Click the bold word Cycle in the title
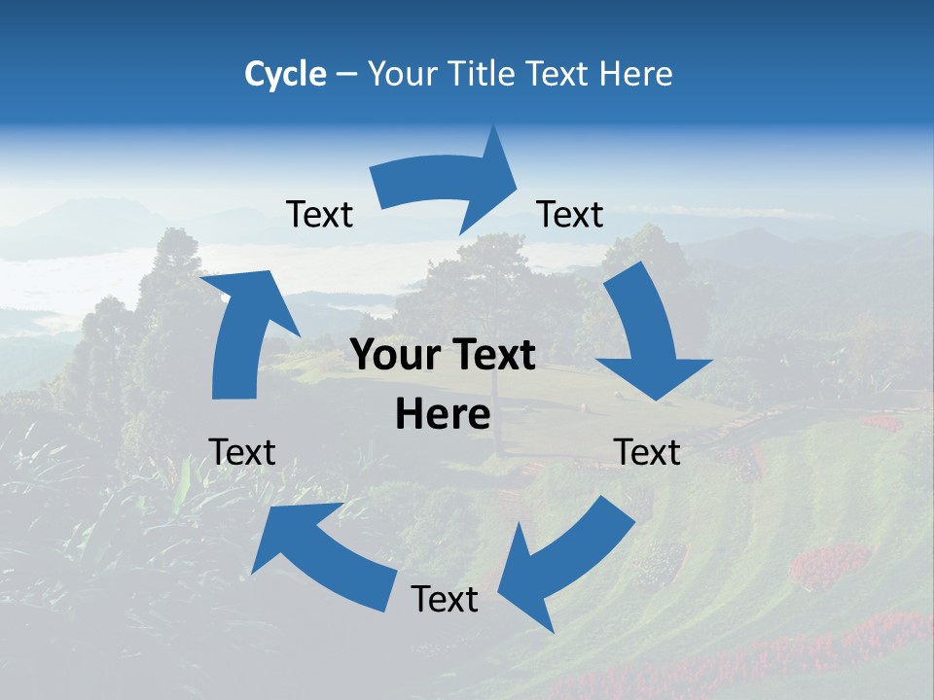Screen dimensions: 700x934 tap(285, 74)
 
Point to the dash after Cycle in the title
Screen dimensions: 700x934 tap(346, 75)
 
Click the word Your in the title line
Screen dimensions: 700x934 tap(403, 74)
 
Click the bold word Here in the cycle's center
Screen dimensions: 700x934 tap(443, 415)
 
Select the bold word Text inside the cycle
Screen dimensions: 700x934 tap(493, 356)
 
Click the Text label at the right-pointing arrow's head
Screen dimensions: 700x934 tap(570, 214)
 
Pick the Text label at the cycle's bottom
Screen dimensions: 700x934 tap(445, 599)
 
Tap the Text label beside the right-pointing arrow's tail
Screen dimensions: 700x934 tap(319, 214)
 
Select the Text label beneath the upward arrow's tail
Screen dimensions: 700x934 tap(242, 451)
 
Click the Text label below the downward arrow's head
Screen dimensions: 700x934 tap(647, 451)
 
